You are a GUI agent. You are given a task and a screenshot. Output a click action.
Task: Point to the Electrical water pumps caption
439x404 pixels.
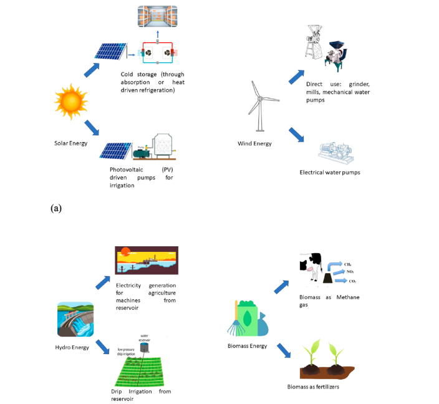330,172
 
